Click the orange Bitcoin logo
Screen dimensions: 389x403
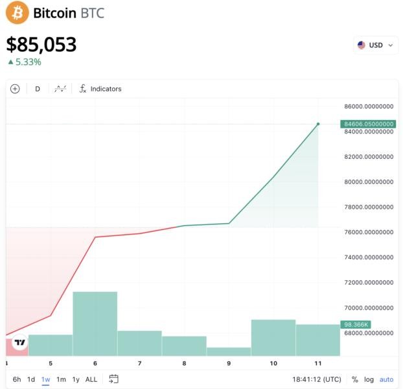(17, 12)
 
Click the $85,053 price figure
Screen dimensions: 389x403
(41, 44)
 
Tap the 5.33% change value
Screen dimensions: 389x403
(28, 62)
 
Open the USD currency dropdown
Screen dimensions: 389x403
(375, 45)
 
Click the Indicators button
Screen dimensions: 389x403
(100, 89)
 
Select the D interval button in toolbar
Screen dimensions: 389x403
(38, 89)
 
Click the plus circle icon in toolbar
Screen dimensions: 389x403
(15, 89)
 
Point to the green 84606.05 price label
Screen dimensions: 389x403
(368, 124)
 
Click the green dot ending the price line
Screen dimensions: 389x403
(318, 124)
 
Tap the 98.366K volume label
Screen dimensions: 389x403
(356, 324)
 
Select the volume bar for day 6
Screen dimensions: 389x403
(95, 324)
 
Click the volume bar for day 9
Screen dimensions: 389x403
(229, 351)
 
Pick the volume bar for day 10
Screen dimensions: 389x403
(273, 337)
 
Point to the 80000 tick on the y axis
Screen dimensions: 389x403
(368, 182)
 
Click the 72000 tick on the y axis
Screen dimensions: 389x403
(368, 283)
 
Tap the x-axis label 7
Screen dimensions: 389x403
(139, 364)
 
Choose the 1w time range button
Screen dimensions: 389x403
(46, 379)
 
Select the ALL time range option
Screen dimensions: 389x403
(91, 379)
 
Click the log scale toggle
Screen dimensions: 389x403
(369, 379)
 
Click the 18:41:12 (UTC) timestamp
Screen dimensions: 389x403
(317, 379)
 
